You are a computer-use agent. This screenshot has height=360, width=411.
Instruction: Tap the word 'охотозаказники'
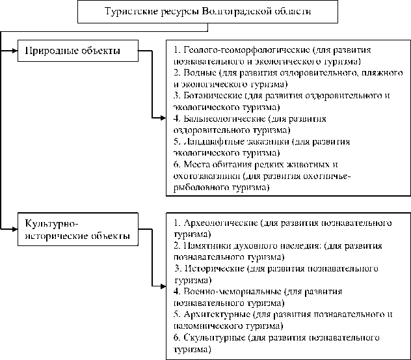205,176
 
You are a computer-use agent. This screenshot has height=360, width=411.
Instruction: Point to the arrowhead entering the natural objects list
163,118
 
